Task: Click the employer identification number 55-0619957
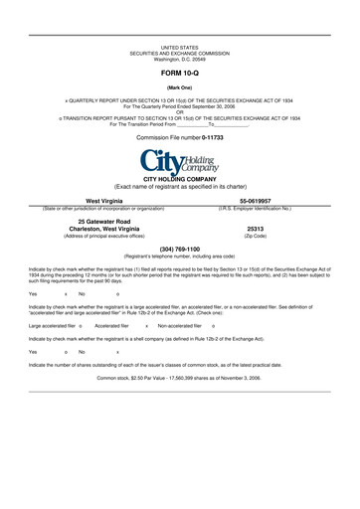coord(255,201)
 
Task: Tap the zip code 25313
coord(255,228)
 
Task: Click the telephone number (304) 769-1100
coord(179,249)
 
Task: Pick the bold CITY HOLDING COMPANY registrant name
coord(179,179)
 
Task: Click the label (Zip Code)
coord(255,236)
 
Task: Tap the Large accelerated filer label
coord(52,326)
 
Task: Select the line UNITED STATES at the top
coord(179,47)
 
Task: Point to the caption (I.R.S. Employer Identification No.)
coord(255,208)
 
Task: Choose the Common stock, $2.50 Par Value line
coord(179,379)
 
